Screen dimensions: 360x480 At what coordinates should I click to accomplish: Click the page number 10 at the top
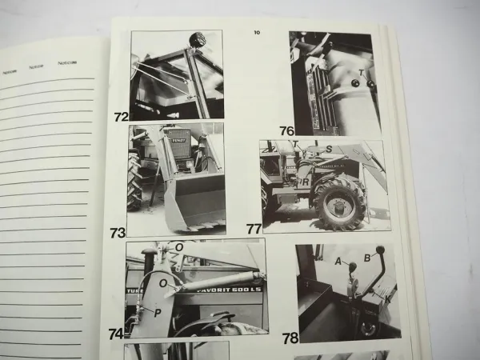256,33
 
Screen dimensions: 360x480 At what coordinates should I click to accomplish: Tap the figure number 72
121,117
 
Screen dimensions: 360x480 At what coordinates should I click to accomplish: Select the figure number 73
118,233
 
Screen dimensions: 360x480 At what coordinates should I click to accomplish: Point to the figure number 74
116,334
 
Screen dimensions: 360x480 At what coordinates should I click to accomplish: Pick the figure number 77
254,229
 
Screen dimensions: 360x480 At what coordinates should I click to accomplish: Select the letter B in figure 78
367,258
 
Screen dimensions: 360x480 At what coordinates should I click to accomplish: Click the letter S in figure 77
328,148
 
